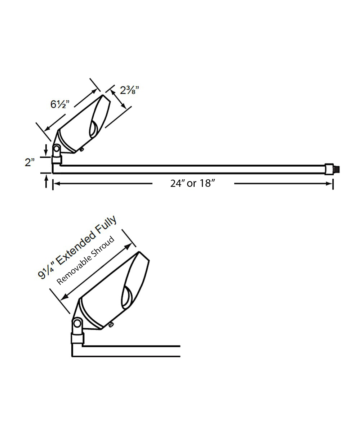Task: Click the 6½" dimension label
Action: tap(60, 104)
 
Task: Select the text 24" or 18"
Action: tap(193, 183)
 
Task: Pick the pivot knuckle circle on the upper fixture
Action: tap(57, 148)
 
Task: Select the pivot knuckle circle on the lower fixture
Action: tap(77, 323)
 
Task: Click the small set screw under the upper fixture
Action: tap(82, 149)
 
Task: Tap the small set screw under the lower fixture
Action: tap(111, 326)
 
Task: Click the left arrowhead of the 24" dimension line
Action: tap(57, 184)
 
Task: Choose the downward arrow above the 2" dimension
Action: tap(46, 149)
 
